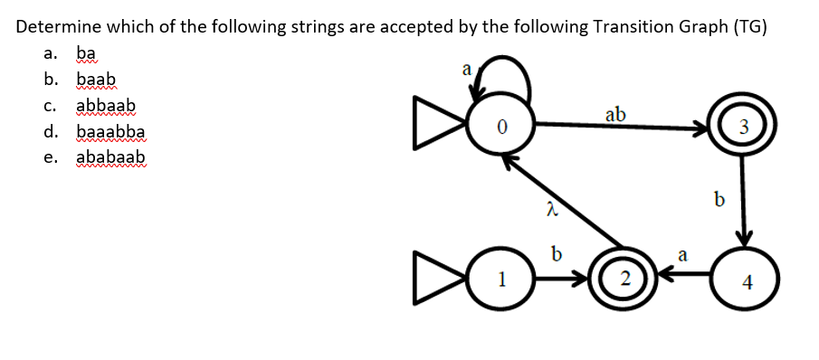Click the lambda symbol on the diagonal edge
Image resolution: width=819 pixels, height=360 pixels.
[x=548, y=210]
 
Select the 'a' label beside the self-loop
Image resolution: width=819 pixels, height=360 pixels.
[x=466, y=69]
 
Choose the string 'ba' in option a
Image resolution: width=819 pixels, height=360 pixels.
[x=88, y=52]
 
